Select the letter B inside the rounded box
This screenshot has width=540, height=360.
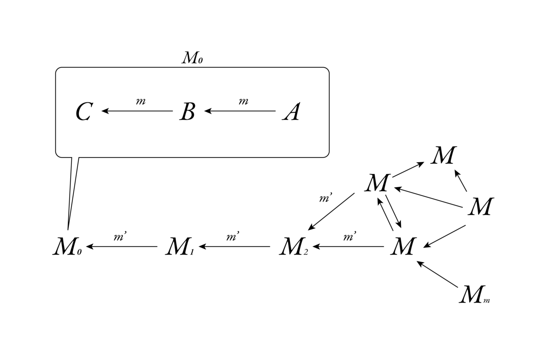click(x=187, y=111)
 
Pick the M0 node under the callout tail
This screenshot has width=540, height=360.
click(x=67, y=247)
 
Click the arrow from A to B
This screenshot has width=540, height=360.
click(x=240, y=111)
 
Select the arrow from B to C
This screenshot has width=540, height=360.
click(x=137, y=111)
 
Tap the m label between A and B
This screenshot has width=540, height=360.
click(x=243, y=101)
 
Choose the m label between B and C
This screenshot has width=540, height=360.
click(x=141, y=101)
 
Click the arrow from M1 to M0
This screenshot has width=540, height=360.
click(x=122, y=247)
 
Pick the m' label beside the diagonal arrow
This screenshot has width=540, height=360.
click(x=325, y=198)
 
